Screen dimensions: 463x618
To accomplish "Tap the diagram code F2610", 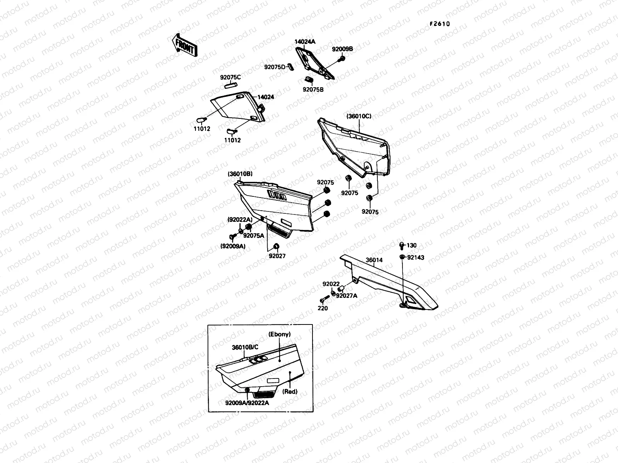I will (x=440, y=24).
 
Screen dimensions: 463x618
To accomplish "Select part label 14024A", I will (x=305, y=42).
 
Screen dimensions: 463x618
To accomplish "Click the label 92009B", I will (x=342, y=49).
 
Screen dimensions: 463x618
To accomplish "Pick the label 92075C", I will (x=231, y=77).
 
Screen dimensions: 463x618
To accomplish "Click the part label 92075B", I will (x=313, y=89).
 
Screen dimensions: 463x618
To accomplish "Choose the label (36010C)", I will (x=358, y=116).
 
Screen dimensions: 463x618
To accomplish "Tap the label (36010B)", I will (x=240, y=174).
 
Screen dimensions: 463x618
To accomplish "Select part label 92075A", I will (x=254, y=235).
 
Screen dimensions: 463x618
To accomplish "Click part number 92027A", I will (x=346, y=296).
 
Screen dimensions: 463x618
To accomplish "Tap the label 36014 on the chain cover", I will (x=374, y=260).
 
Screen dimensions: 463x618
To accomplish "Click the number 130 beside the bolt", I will (x=411, y=245).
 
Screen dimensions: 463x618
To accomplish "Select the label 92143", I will (x=415, y=257).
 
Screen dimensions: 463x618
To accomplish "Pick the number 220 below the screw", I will (x=323, y=308).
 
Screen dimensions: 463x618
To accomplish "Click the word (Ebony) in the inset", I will (x=279, y=335).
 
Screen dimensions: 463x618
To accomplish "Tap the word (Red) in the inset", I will (x=290, y=391).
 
